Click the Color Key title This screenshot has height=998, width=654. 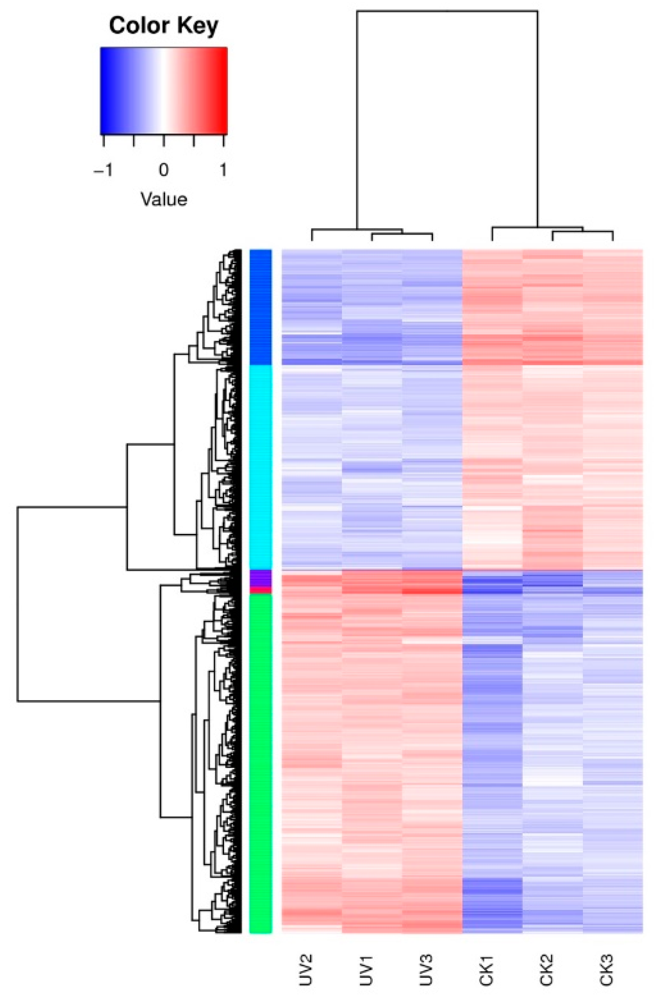pos(163,25)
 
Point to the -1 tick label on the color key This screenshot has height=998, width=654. pos(103,170)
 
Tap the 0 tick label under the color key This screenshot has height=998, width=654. pos(163,170)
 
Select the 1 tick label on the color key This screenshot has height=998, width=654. pos(223,170)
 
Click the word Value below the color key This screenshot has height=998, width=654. pos(164,200)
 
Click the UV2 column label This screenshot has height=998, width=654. pos(305,970)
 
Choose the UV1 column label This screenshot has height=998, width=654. pos(366,970)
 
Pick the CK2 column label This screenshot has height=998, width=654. pos(546,970)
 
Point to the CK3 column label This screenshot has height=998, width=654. pos(606,970)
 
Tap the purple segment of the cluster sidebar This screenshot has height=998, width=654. pos(261,578)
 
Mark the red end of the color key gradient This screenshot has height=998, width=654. pos(222,90)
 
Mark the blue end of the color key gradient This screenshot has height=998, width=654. pos(106,90)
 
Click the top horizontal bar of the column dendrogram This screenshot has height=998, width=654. pos(447,11)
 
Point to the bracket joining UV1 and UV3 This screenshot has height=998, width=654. pos(402,234)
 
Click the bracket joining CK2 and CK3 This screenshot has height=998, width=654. pos(582,231)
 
